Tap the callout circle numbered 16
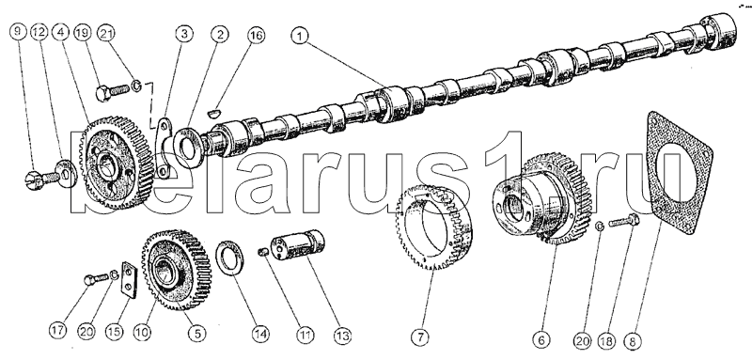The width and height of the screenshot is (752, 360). [x=256, y=36]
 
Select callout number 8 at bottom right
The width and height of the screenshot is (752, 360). [x=632, y=342]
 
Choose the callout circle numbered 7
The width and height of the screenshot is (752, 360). [x=421, y=337]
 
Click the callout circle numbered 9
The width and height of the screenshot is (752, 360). [x=17, y=32]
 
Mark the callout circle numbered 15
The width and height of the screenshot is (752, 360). [x=115, y=332]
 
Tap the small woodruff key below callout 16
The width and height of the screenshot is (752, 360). [x=214, y=113]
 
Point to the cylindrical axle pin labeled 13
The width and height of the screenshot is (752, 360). [x=297, y=245]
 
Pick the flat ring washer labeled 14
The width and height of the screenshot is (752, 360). [x=230, y=258]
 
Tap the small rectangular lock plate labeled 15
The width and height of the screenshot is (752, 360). [x=129, y=280]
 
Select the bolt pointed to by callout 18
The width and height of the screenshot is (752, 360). [x=624, y=221]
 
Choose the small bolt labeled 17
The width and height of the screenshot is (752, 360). [x=96, y=278]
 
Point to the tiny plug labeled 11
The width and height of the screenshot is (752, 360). [x=263, y=251]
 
